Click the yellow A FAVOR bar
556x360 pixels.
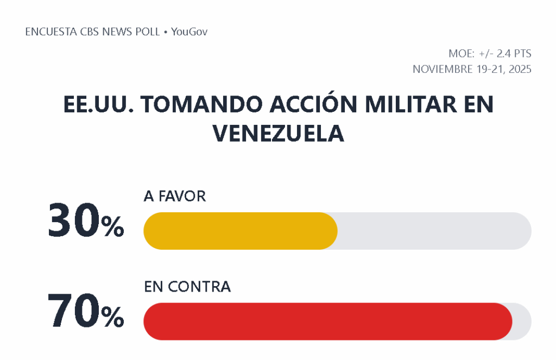(240, 231)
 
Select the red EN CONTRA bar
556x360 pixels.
(327, 321)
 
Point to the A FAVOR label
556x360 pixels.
(175, 197)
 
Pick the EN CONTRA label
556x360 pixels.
(187, 287)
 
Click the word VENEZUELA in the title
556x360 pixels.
(278, 133)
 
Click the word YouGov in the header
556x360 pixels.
(189, 32)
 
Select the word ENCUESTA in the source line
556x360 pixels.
(50, 32)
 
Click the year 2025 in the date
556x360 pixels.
(519, 70)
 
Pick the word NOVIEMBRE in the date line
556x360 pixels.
(442, 70)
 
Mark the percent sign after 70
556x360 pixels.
(113, 318)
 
